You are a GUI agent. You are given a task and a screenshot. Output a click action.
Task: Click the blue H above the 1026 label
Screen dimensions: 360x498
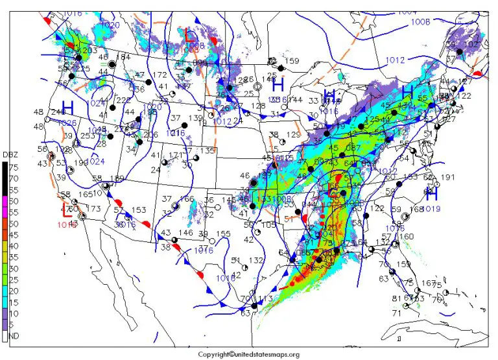[67, 107]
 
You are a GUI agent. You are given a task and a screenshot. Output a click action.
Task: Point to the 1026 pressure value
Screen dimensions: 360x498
[67, 123]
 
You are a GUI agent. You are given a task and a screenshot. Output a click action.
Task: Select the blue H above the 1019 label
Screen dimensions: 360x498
[431, 194]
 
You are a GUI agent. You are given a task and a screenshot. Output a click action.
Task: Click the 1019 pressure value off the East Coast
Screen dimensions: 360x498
[430, 209]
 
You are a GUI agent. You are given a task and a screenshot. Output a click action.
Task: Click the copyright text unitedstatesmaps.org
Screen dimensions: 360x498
[249, 354]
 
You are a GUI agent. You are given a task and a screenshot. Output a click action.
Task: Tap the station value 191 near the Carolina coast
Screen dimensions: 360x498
[448, 177]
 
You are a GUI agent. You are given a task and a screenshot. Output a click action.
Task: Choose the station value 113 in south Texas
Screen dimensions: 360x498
[263, 298]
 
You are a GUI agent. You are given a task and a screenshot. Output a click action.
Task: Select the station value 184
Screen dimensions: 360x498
[123, 58]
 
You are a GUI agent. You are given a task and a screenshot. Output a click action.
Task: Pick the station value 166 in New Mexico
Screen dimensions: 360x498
[187, 199]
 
